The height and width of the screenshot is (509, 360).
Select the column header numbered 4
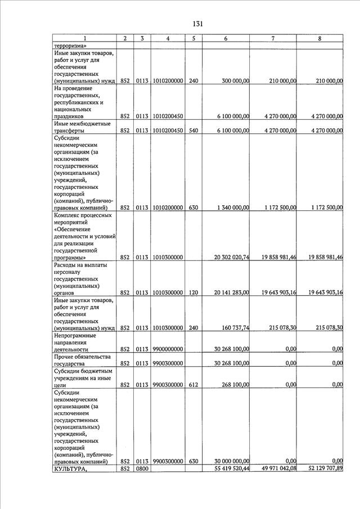(x=168, y=38)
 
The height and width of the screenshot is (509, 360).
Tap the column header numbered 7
(x=273, y=38)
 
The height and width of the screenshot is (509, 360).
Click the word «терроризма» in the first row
(x=70, y=46)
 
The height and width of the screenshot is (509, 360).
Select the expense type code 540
(x=193, y=130)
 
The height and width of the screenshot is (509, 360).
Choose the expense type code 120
(x=193, y=292)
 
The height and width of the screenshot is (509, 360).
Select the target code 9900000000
(x=168, y=349)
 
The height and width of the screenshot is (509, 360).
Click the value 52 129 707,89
(x=321, y=469)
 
